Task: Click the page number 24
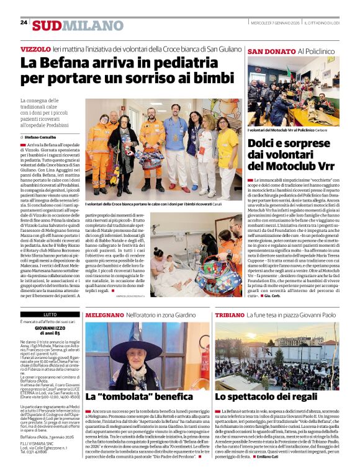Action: pos(24,22)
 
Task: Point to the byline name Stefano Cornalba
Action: pos(40,137)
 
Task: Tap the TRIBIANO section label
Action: pos(230,315)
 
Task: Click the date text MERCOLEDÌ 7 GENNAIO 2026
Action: pos(275,22)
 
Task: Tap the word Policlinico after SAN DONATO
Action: pos(321,51)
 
